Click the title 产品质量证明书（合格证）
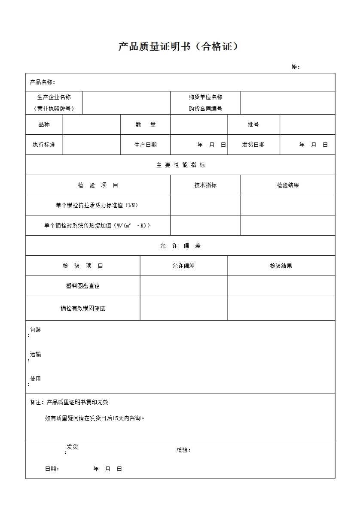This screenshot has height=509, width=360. tap(178, 47)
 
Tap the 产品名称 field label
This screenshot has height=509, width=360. tap(42, 82)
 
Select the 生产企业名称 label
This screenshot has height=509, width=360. tap(54, 97)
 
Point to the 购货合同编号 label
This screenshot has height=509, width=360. tap(205, 109)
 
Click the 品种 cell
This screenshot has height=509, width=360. tap(44, 124)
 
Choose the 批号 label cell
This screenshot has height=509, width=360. tap(253, 124)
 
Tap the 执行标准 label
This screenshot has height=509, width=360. tap(44, 145)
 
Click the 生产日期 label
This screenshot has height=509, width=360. tap(145, 145)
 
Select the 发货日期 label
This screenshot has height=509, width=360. tap(253, 145)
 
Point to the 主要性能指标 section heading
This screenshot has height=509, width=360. tap(180, 165)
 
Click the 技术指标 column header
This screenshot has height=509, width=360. tap(205, 185)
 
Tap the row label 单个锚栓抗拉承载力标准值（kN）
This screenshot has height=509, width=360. tap(97, 205)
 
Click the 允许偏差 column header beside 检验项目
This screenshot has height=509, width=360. tap(183, 266)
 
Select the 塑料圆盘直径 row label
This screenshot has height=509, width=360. tap(82, 286)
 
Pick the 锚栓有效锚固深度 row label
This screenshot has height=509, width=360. tap(82, 308)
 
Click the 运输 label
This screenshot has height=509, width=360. tap(35, 354)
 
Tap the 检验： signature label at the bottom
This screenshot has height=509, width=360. tap(183, 450)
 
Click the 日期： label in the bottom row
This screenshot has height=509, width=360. tap(52, 469)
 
